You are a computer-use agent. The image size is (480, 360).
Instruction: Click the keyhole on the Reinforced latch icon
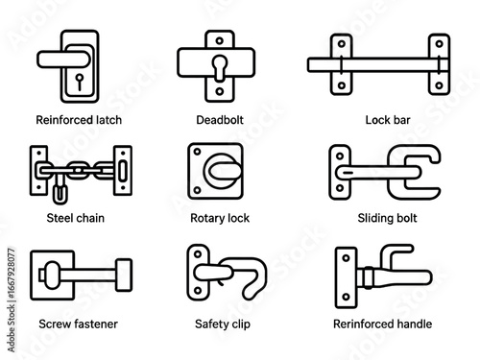pyautogui.click(x=79, y=82)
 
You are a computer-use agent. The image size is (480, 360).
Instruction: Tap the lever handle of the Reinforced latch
pyautogui.click(x=63, y=60)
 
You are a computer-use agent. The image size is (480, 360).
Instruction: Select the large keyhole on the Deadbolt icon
pyautogui.click(x=220, y=67)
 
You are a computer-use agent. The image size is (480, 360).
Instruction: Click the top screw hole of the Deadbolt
pyautogui.click(x=220, y=40)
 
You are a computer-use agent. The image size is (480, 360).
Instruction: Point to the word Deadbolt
pyautogui.click(x=220, y=120)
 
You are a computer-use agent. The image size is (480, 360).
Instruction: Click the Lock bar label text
pyautogui.click(x=388, y=120)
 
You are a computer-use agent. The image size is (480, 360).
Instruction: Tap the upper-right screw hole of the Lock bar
pyautogui.click(x=439, y=44)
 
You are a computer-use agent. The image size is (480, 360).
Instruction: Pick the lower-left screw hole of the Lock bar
pyautogui.click(x=342, y=85)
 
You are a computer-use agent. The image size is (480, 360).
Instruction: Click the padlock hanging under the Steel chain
pyautogui.click(x=60, y=191)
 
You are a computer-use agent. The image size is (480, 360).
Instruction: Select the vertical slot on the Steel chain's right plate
pyautogui.click(x=123, y=171)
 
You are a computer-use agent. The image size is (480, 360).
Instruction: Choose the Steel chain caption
pyautogui.click(x=76, y=218)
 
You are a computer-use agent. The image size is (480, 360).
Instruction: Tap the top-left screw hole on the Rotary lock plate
pyautogui.click(x=197, y=152)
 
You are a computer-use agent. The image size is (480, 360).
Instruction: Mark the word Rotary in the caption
pyautogui.click(x=204, y=218)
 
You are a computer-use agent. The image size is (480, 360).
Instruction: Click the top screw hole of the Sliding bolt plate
pyautogui.click(x=340, y=156)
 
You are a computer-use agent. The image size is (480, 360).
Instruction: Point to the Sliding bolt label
pyautogui.click(x=387, y=218)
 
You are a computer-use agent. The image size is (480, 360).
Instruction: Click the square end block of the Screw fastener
pyautogui.click(x=124, y=275)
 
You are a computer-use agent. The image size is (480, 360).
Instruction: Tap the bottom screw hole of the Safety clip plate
pyautogui.click(x=198, y=290)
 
